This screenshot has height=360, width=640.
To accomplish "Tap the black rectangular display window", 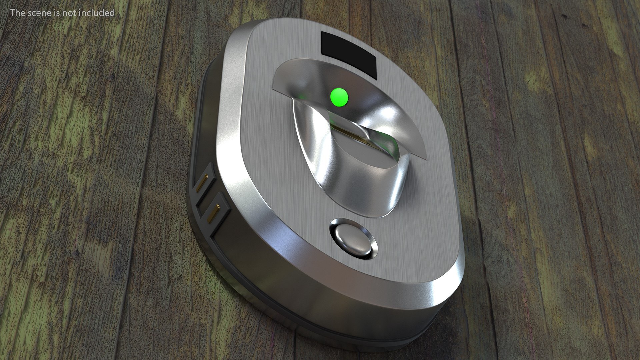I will (x=348, y=55).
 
